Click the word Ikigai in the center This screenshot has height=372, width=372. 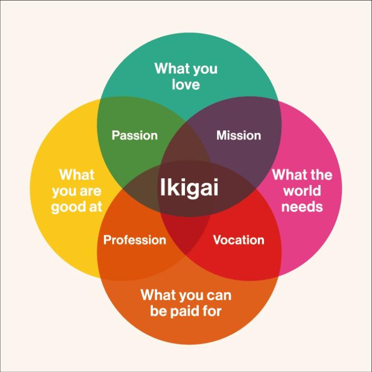click(189, 188)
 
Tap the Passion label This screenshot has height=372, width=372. click(134, 135)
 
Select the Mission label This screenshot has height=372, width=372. click(239, 135)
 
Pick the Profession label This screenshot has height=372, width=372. click(134, 240)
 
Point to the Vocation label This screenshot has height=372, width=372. click(239, 240)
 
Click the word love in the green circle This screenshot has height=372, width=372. click(186, 84)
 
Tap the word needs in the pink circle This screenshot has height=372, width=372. click(302, 207)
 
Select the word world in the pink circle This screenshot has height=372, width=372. click(302, 191)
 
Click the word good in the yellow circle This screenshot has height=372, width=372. click(68, 207)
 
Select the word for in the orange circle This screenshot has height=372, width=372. click(211, 311)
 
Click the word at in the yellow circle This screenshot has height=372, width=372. click(96, 207)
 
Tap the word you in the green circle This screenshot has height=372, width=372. click(205, 70)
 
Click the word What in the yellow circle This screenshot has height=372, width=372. click(77, 175)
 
